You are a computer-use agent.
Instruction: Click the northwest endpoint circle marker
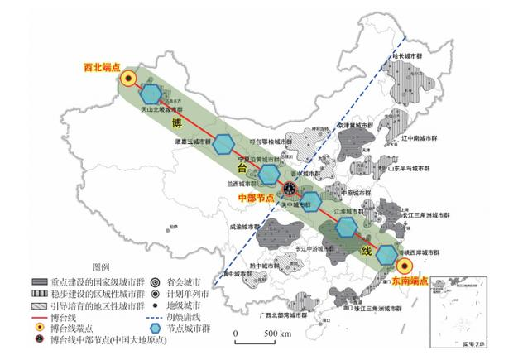pyautogui.click(x=129, y=79)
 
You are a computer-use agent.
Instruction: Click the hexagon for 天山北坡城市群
pyautogui.click(x=151, y=94)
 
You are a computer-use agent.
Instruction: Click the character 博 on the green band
pyautogui.click(x=175, y=124)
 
